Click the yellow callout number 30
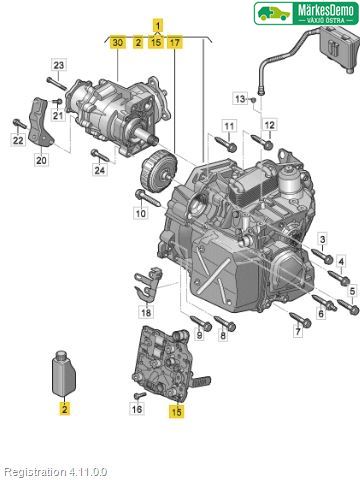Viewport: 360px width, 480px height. pos(118,43)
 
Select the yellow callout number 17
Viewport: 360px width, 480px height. pos(175,43)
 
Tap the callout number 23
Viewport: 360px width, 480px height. pos(59,65)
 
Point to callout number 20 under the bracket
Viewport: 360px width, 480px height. pos(41,160)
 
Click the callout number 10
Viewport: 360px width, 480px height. pos(141,213)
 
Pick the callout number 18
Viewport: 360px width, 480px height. pos(146,313)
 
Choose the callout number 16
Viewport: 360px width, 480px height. pos(137,408)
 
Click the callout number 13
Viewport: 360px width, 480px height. pos(240,99)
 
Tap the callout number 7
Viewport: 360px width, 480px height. pos(297,331)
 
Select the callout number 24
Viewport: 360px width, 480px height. pos(99,170)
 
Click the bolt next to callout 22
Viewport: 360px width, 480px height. pos(19,124)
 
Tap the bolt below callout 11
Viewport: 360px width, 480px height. pos(226,143)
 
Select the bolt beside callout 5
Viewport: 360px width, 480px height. pos(348,307)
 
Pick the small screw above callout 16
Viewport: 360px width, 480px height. pos(140,395)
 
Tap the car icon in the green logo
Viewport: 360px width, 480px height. pos(274,13)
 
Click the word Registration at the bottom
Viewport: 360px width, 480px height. pos(35,472)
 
